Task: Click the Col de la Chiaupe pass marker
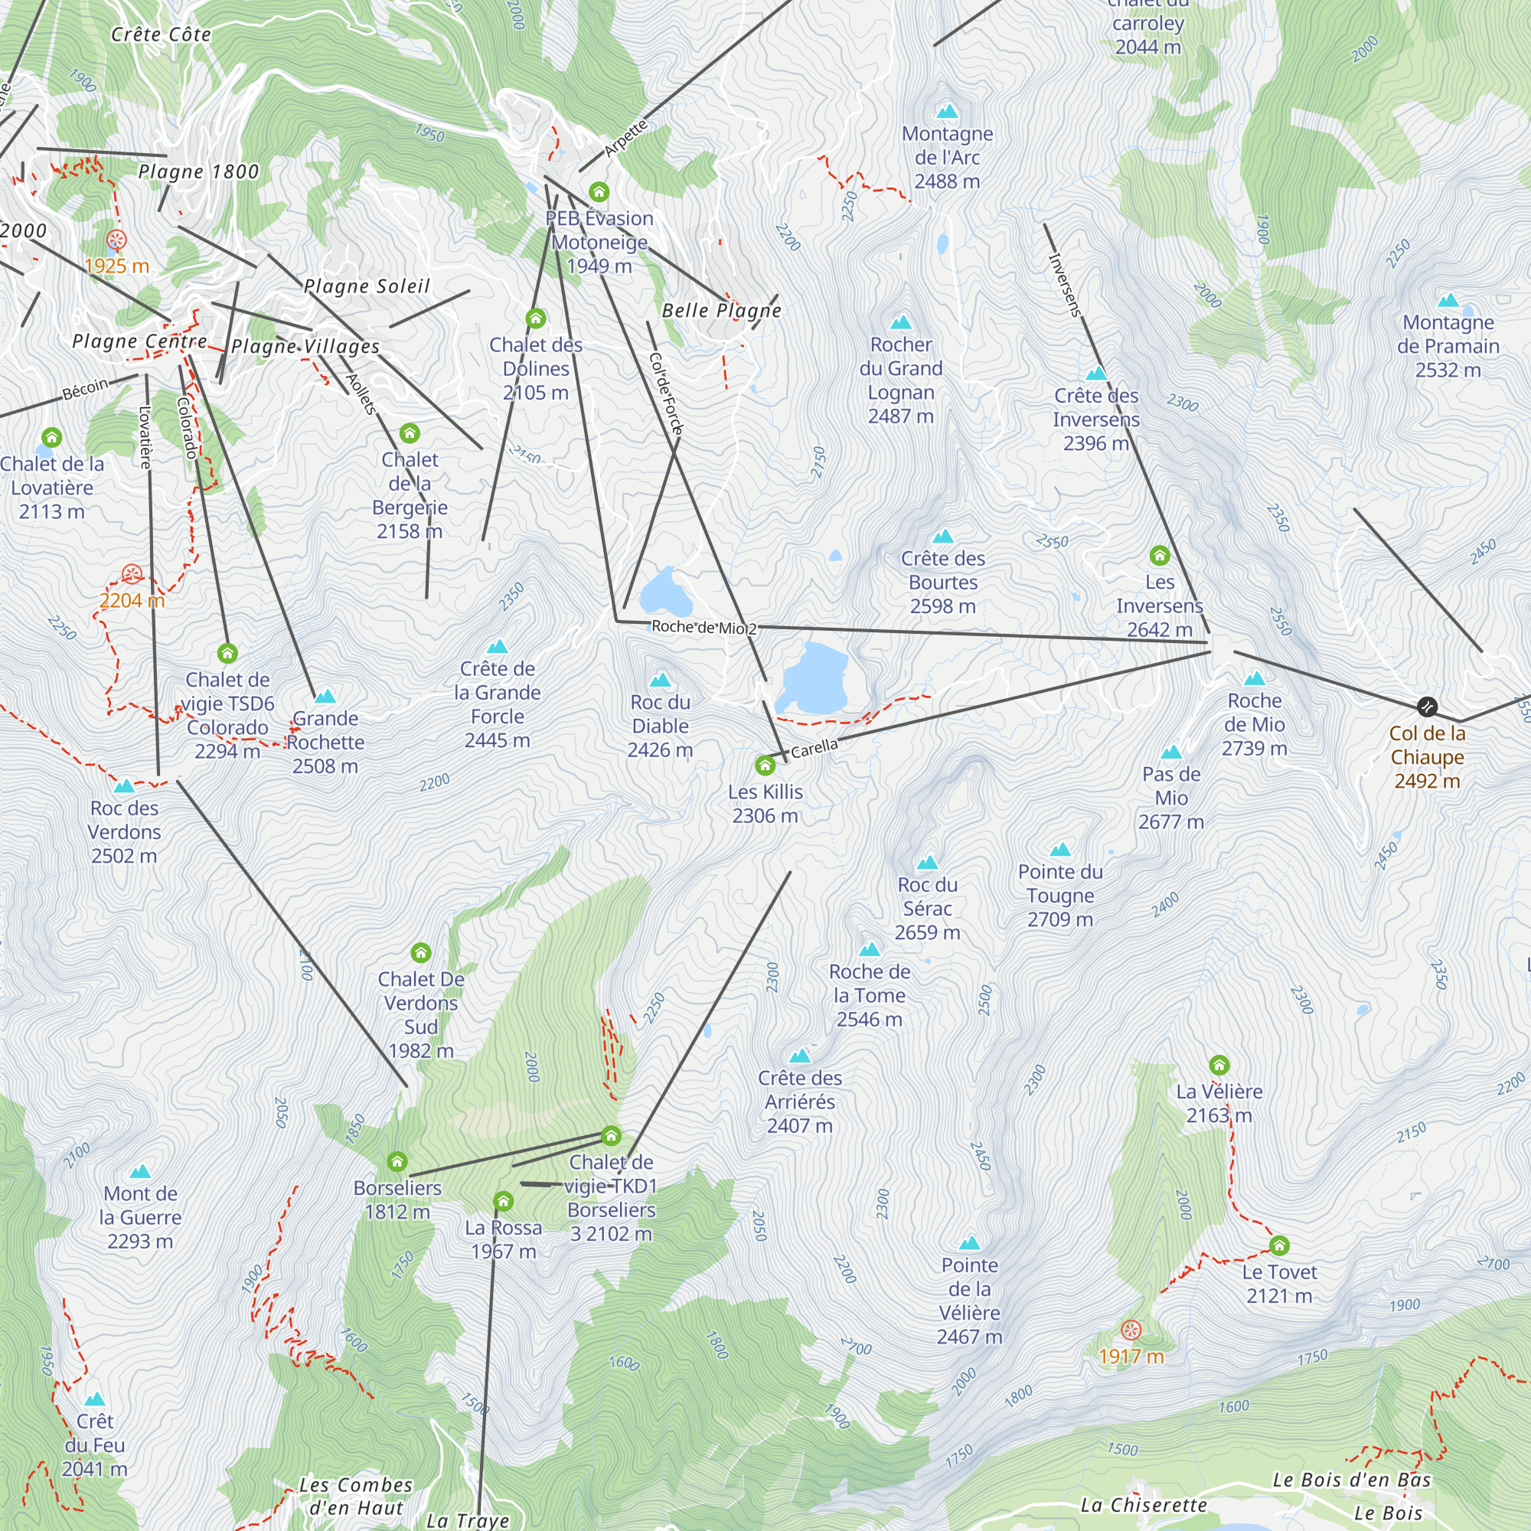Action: click(1426, 706)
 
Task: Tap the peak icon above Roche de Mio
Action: click(1255, 678)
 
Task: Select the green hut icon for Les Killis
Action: click(765, 765)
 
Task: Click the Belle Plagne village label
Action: click(721, 311)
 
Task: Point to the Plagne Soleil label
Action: click(367, 286)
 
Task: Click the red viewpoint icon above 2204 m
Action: click(132, 573)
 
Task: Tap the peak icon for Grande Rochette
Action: click(325, 697)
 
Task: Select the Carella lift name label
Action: click(814, 748)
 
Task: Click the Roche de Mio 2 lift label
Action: click(703, 628)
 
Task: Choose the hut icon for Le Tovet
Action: click(1279, 1246)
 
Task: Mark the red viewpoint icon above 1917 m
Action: click(1131, 1330)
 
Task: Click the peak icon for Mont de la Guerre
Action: click(140, 1171)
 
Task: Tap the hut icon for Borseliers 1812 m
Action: click(397, 1163)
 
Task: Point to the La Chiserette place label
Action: click(1144, 1506)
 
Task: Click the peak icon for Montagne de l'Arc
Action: click(947, 112)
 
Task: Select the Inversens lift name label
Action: click(1064, 285)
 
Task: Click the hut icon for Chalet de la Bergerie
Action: click(410, 433)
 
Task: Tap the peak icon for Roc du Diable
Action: click(660, 680)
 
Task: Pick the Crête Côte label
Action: click(161, 35)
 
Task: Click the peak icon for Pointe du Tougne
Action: click(1060, 850)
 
